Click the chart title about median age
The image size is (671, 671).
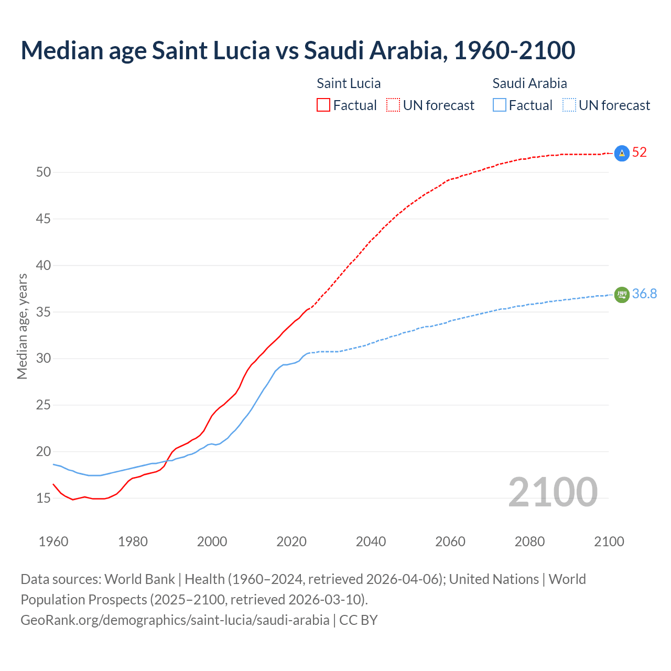(x=298, y=50)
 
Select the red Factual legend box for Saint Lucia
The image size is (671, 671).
(x=323, y=105)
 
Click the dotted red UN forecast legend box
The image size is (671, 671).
(x=393, y=105)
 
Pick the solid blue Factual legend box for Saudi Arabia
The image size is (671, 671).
(x=500, y=105)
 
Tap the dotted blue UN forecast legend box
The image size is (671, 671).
(x=569, y=105)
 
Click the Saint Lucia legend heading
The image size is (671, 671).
(x=349, y=83)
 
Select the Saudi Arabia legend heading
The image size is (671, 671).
(x=529, y=83)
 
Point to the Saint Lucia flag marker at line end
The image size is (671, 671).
(x=622, y=153)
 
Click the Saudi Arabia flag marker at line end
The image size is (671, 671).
(x=622, y=295)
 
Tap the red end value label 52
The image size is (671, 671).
(x=640, y=153)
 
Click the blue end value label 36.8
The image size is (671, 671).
(x=644, y=294)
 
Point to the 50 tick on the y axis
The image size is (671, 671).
(x=43, y=172)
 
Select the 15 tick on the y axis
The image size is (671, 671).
(x=43, y=498)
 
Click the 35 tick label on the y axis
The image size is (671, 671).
(x=43, y=312)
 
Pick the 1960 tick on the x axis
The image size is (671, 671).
(x=53, y=542)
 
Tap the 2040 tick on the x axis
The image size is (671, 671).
(x=371, y=542)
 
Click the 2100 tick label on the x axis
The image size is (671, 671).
(x=609, y=542)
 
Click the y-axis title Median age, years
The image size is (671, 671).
(x=22, y=326)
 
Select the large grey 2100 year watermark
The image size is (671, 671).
(x=553, y=492)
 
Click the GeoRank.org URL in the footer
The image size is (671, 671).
(x=175, y=620)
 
